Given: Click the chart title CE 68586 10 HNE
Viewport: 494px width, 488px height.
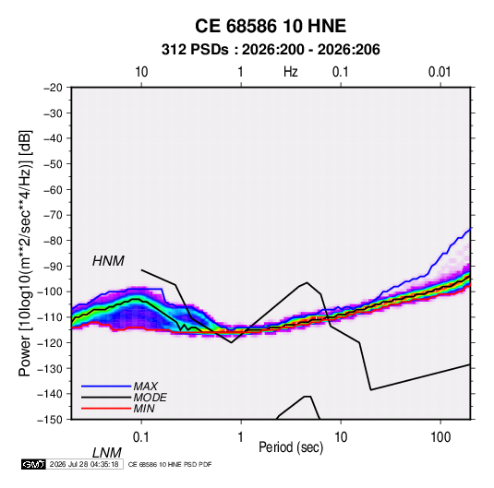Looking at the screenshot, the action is pyautogui.click(x=271, y=26).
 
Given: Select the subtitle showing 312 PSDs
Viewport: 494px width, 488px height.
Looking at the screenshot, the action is pyautogui.click(x=271, y=50).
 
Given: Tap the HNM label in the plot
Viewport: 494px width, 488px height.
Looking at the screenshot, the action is pyautogui.click(x=108, y=261).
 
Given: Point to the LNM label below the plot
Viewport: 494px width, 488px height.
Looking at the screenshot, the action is pyautogui.click(x=107, y=453).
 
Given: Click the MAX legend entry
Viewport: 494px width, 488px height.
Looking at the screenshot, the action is pyautogui.click(x=146, y=386).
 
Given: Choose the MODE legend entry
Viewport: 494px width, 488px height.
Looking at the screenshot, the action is pyautogui.click(x=150, y=398).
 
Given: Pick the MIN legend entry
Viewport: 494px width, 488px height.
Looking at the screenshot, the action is pyautogui.click(x=144, y=409).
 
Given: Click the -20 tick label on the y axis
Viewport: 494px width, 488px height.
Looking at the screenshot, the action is pyautogui.click(x=53, y=88).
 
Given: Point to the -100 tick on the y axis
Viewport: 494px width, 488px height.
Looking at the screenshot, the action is pyautogui.click(x=50, y=292).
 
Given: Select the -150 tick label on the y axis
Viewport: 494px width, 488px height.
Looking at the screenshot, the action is pyautogui.click(x=50, y=420).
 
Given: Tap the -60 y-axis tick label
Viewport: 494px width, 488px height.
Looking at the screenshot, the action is pyautogui.click(x=53, y=189).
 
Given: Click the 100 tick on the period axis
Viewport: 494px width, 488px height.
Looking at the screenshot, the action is pyautogui.click(x=440, y=437).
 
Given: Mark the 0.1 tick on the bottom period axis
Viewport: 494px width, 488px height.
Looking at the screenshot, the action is pyautogui.click(x=141, y=437).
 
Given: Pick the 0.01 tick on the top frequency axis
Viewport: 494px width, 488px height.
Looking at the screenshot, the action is pyautogui.click(x=440, y=72).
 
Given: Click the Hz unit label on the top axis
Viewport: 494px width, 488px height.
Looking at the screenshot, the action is pyautogui.click(x=291, y=72).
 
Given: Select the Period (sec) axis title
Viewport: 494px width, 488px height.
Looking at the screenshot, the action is pyautogui.click(x=291, y=447).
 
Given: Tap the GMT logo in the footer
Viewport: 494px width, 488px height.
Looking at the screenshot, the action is pyautogui.click(x=33, y=464).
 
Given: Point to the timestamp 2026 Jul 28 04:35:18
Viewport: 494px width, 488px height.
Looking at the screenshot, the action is pyautogui.click(x=84, y=464).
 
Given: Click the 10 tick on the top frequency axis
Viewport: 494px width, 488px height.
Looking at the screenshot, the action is pyautogui.click(x=141, y=72).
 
